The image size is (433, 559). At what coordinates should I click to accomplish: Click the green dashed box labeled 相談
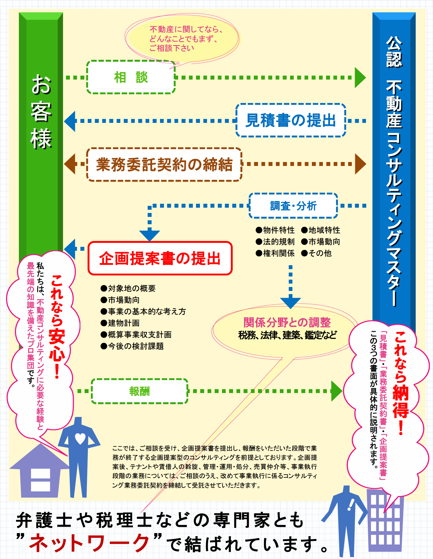pos(131,77)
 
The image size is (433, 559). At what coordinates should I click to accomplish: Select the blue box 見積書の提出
pos(291,120)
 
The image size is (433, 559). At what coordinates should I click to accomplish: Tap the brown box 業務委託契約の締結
pos(164,164)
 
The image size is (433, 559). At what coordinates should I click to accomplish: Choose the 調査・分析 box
pos(293,206)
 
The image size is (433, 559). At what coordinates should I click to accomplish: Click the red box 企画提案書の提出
pos(160,258)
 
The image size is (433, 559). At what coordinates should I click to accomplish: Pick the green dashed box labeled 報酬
pos(140,391)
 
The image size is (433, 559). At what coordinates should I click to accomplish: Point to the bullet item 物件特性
pos(275,230)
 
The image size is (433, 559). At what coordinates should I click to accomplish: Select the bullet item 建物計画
pos(120,323)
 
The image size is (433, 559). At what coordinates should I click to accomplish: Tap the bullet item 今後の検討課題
pos(132,346)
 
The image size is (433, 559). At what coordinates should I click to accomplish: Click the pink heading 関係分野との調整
pos(287,322)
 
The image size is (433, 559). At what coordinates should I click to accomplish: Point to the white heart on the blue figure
pos(80,438)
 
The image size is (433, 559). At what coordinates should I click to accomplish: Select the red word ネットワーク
pos(89,543)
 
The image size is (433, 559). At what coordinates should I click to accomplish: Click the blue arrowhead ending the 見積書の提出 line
pos(70,121)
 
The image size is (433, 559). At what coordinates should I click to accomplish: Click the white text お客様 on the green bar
pos(41,112)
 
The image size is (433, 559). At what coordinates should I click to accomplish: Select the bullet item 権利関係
pos(275,253)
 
